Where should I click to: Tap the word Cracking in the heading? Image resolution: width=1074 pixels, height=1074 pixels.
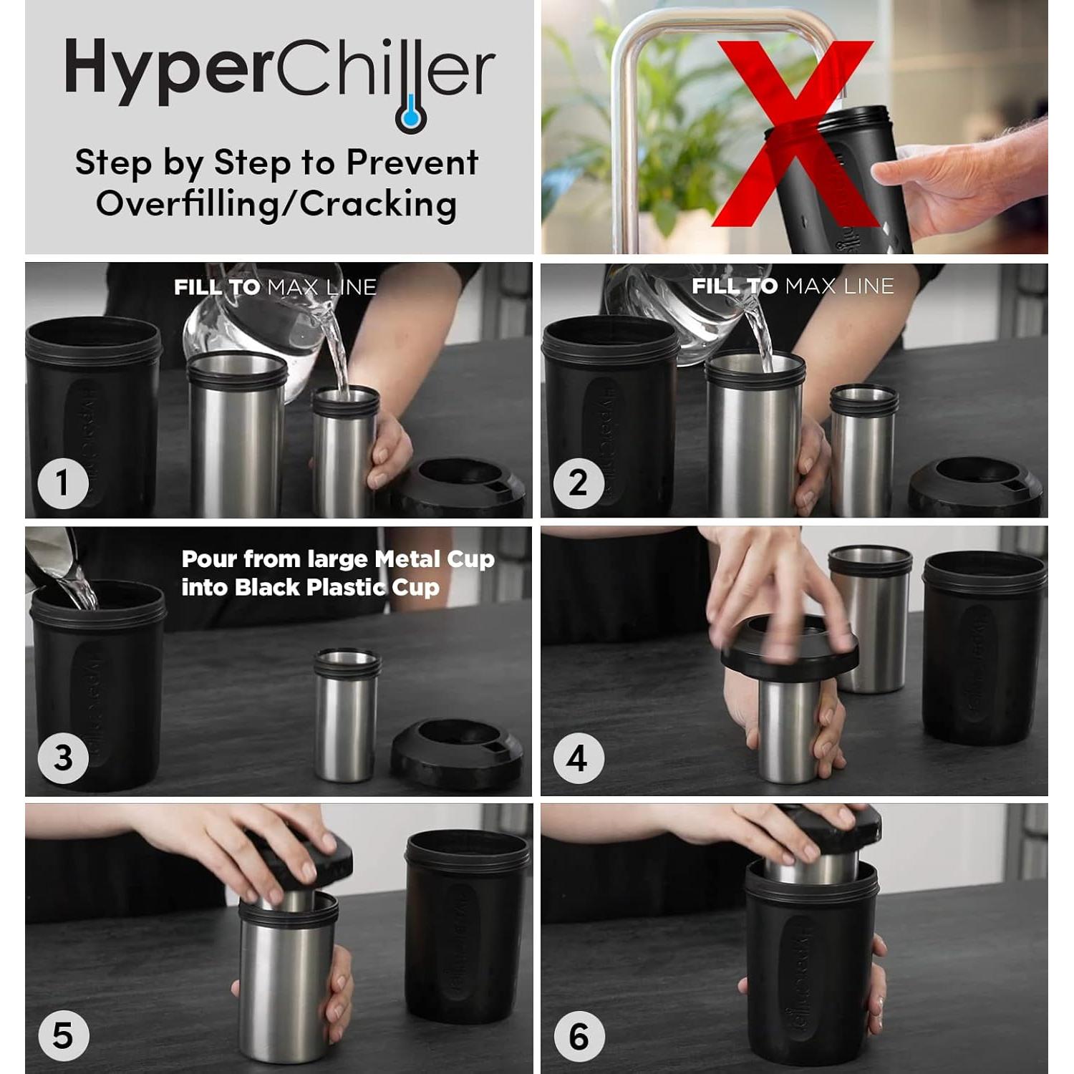coord(378,204)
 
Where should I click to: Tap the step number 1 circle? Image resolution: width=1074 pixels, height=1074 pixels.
coord(63,483)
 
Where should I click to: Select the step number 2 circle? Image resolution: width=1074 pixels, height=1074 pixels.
coord(579,483)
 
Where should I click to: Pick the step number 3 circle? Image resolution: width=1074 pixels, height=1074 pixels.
coord(63,758)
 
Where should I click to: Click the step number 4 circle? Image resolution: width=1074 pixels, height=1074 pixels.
coord(579,758)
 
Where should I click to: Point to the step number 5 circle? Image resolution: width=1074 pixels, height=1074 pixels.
coord(63,1036)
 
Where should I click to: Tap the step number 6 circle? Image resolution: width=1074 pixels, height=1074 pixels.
coord(579,1036)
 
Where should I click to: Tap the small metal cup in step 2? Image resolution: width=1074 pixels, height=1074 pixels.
coord(863,451)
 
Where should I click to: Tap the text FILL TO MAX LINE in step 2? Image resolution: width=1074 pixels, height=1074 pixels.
coord(793,286)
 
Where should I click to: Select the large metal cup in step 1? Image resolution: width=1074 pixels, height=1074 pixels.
coord(236,437)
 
